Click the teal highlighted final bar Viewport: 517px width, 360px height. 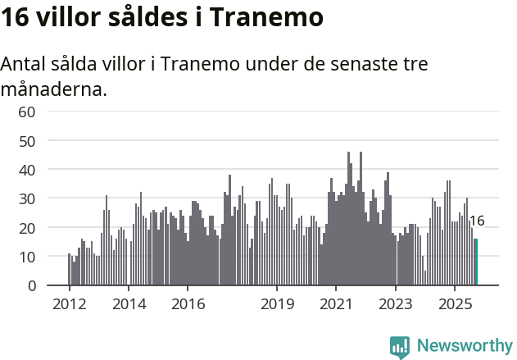[x=476, y=262]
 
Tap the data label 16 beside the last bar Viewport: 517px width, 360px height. [x=477, y=221]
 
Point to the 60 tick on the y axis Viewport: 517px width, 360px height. [x=27, y=112]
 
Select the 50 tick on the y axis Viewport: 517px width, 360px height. [x=27, y=140]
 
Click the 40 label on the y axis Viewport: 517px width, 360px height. [x=27, y=170]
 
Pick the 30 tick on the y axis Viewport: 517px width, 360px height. [x=27, y=198]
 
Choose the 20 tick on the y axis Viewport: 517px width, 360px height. [x=27, y=227]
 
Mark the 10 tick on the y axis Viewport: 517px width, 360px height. [x=27, y=257]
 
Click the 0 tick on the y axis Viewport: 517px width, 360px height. [x=31, y=285]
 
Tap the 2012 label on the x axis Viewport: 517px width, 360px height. [x=69, y=304]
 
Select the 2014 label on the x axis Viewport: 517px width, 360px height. [x=129, y=304]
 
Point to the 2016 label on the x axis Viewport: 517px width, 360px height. [x=188, y=304]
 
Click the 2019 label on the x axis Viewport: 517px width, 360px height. [x=277, y=304]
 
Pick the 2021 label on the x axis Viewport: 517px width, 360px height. [x=336, y=304]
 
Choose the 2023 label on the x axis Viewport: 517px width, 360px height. [x=396, y=304]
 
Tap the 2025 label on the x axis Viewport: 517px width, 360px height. [x=455, y=304]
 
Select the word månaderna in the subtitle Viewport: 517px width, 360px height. [x=54, y=89]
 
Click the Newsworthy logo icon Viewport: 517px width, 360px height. [x=400, y=347]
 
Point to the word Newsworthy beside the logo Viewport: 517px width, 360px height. [x=464, y=346]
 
